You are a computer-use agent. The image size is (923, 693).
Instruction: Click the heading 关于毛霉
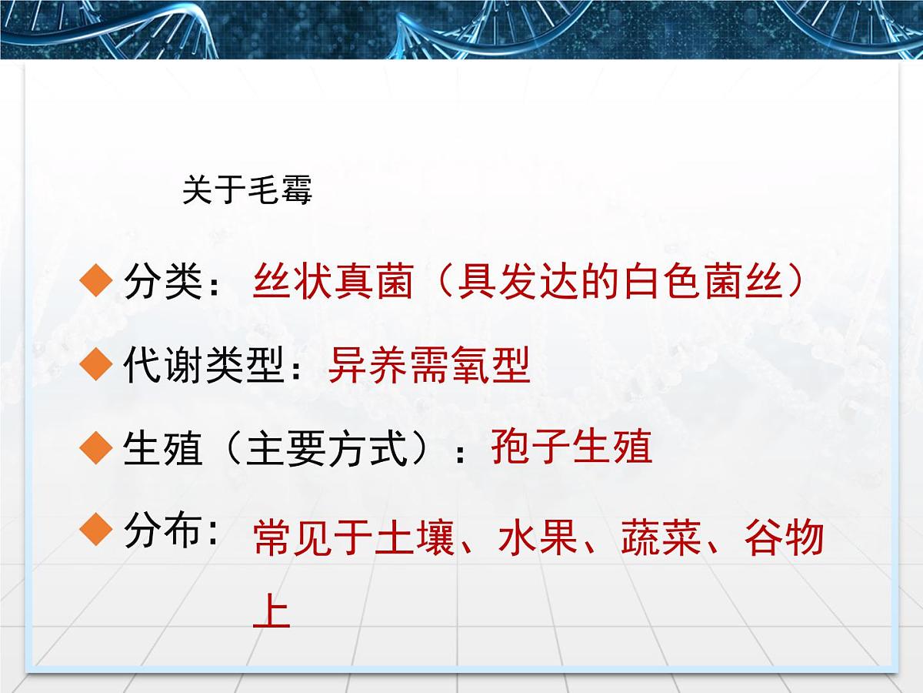[247, 190]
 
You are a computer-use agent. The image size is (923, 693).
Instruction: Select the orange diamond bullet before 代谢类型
[97, 365]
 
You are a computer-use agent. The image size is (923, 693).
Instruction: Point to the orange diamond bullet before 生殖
[97, 448]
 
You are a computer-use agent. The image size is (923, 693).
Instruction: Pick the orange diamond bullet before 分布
[97, 530]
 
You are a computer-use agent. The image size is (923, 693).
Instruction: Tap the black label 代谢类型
[204, 366]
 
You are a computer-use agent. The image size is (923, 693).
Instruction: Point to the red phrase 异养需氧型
[429, 366]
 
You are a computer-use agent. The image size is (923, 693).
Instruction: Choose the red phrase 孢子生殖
[571, 447]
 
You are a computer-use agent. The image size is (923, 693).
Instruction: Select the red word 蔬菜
[661, 538]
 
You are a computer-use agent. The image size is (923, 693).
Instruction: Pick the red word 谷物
[784, 538]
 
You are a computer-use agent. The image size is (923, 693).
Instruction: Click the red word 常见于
[313, 538]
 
